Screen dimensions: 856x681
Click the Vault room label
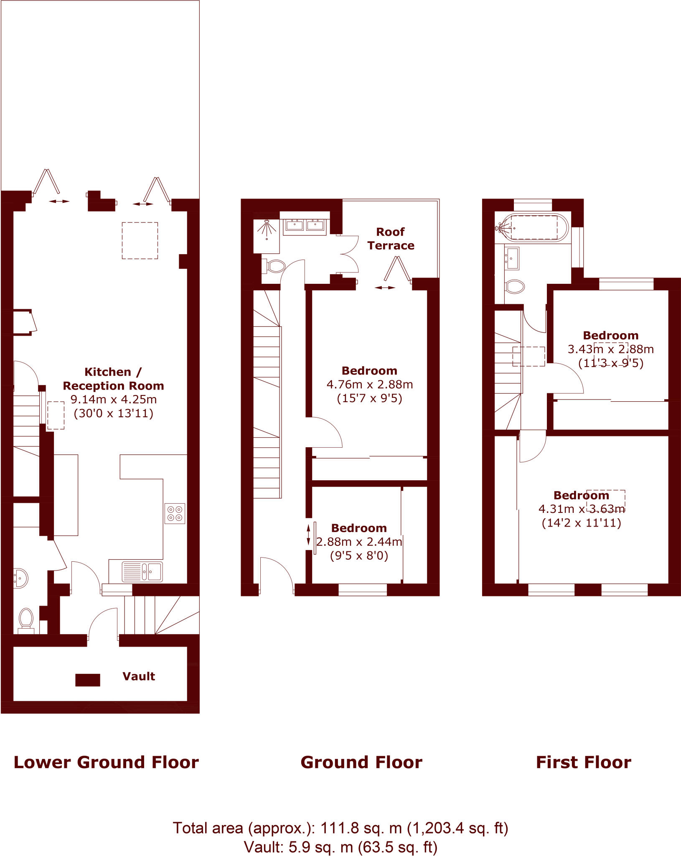[x=139, y=676]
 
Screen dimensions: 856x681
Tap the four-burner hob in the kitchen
[x=175, y=514]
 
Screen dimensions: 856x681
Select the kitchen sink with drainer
[x=142, y=572]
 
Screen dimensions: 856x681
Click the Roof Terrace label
[x=391, y=239]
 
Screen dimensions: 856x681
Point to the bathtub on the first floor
[x=533, y=228]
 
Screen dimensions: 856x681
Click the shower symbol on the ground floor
[x=267, y=229]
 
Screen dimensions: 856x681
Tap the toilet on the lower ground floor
[x=26, y=619]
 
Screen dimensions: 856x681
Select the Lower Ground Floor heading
[x=106, y=762]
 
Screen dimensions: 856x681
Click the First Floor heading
[x=583, y=762]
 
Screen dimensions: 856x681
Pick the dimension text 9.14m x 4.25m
[x=113, y=400]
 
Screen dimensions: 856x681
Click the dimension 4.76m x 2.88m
[x=370, y=385]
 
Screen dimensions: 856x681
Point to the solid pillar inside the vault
[x=87, y=680]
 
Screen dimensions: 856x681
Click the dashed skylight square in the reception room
[x=140, y=240]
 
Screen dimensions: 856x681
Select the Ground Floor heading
[x=361, y=762]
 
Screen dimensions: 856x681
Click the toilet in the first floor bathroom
[x=515, y=287]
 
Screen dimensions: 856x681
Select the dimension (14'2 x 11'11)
[x=581, y=523]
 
